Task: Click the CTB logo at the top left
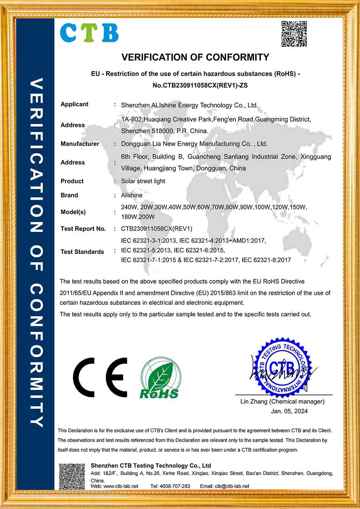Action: coord(89,33)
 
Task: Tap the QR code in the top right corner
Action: coord(294,34)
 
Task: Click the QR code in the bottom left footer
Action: coord(72,476)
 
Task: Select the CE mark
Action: coord(100,377)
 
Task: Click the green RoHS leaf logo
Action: coord(160,378)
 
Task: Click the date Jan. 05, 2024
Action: coord(289,411)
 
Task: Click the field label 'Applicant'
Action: coord(74,104)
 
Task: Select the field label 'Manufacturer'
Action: coord(80,144)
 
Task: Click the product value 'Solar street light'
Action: coord(143,181)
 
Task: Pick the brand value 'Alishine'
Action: coord(132,195)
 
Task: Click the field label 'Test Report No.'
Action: coord(83,229)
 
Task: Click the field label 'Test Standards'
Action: coord(82,252)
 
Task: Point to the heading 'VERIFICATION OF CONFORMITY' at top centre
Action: coord(195,57)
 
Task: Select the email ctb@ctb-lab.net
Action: coord(232,486)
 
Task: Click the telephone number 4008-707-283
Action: coord(175,486)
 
